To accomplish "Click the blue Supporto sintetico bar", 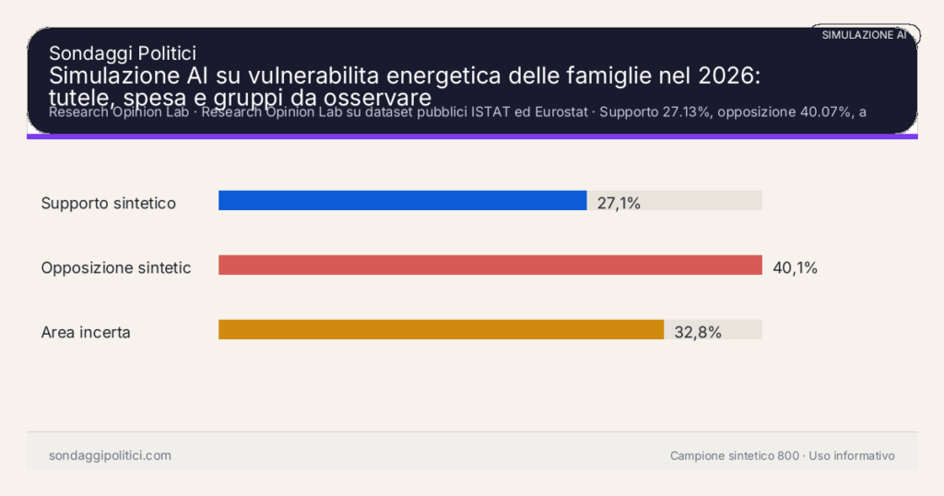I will tap(402, 200).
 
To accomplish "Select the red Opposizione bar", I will tap(490, 266).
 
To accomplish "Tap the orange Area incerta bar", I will tap(441, 330).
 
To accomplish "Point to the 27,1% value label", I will tap(619, 203).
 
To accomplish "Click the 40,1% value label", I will tap(795, 268).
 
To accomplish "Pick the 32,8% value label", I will tap(697, 333).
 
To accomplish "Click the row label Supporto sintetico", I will tap(108, 203).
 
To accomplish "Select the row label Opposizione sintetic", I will tap(116, 267).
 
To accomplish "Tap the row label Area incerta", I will tap(86, 332).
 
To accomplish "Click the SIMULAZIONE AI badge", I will tap(865, 34).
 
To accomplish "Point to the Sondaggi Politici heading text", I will tap(122, 53).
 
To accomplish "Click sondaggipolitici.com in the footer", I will tap(110, 455).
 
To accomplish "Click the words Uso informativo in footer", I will tap(852, 455).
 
